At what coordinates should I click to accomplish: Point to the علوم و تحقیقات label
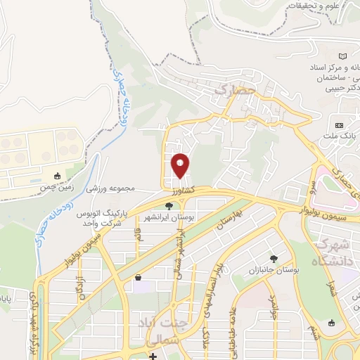click(316, 6)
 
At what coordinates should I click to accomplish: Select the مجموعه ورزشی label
click(110, 189)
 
